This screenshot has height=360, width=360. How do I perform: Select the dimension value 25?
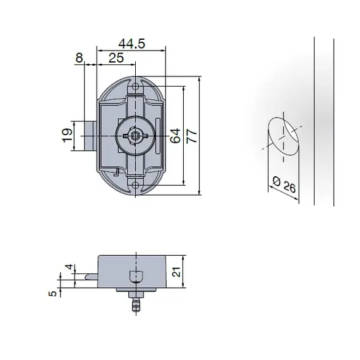click(x=116, y=58)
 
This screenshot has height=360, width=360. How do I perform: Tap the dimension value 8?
click(x=80, y=58)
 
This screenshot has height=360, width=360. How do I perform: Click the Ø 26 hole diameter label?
click(x=282, y=185)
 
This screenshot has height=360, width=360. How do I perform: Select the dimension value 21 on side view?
click(x=177, y=272)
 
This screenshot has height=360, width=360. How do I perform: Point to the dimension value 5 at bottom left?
click(x=54, y=292)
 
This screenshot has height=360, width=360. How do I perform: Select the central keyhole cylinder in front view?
click(x=135, y=135)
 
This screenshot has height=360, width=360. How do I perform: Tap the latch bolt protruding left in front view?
click(x=90, y=135)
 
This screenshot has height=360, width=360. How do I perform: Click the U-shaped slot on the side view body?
click(x=135, y=277)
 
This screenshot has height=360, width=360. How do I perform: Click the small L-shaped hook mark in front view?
click(x=117, y=172)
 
